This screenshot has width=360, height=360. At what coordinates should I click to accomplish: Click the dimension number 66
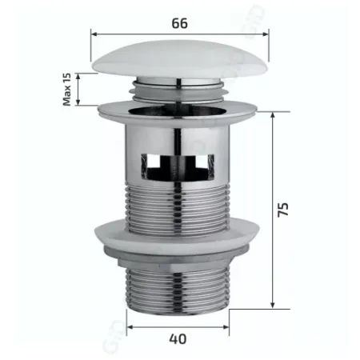(x=179, y=23)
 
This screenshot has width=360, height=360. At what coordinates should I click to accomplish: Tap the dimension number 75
(x=283, y=210)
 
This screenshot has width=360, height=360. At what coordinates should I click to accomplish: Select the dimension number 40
(x=178, y=338)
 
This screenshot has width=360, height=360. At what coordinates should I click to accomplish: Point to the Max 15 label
(x=67, y=89)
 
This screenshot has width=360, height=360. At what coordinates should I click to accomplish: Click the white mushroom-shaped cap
(x=179, y=61)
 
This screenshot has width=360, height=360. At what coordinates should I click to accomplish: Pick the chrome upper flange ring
(x=179, y=109)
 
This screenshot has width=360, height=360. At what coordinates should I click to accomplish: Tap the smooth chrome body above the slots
(x=179, y=132)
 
